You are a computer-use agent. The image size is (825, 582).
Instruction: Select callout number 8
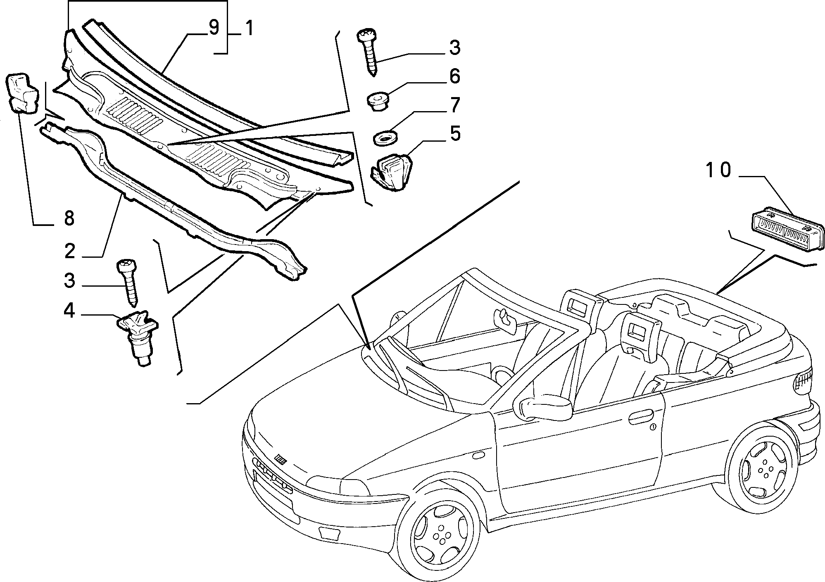click(x=69, y=218)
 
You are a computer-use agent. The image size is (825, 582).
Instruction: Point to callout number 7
click(x=454, y=105)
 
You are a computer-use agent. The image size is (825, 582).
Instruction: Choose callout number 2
click(x=70, y=251)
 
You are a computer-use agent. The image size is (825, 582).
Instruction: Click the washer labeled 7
click(x=384, y=138)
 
